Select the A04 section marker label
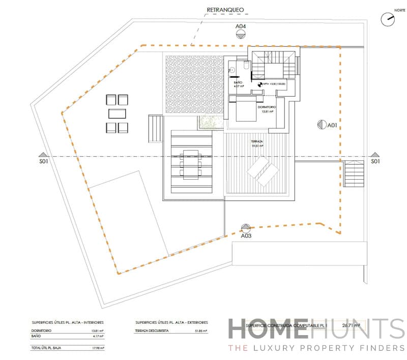[x=241, y=26]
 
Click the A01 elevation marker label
[x=333, y=125]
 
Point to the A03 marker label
[x=246, y=236]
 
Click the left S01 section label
[x=43, y=162]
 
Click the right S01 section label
[x=375, y=162]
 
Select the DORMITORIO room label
[x=266, y=107]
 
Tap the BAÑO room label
[x=238, y=82]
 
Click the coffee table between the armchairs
[x=118, y=113]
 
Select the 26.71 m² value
[x=347, y=324]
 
